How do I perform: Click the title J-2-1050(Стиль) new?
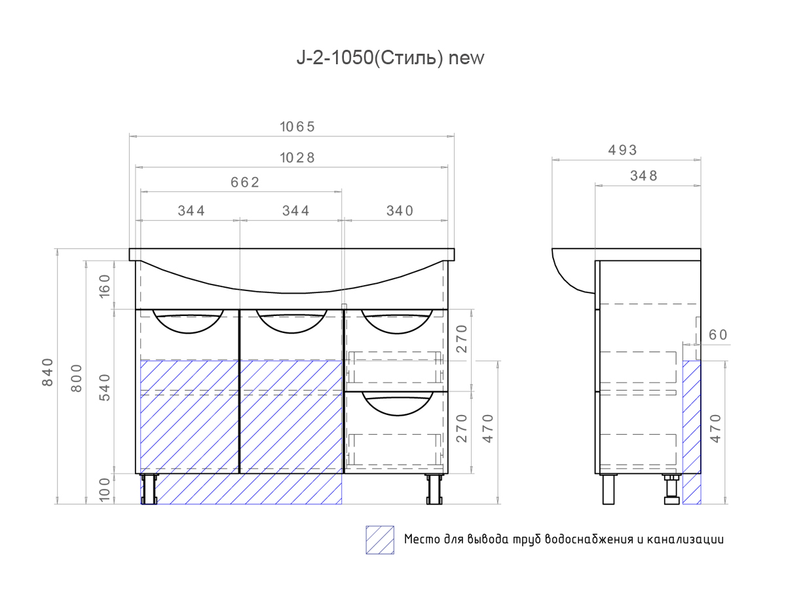[390, 58]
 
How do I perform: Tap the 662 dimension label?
[244, 182]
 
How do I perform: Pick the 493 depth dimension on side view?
[622, 150]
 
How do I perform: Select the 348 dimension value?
[643, 176]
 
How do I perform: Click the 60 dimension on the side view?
[718, 335]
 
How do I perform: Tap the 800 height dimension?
[77, 378]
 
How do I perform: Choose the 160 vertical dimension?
[105, 286]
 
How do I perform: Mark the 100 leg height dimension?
[105, 488]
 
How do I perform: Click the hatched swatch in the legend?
[380, 540]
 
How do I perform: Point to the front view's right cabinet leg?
[434, 489]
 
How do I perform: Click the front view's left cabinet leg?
[150, 489]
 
